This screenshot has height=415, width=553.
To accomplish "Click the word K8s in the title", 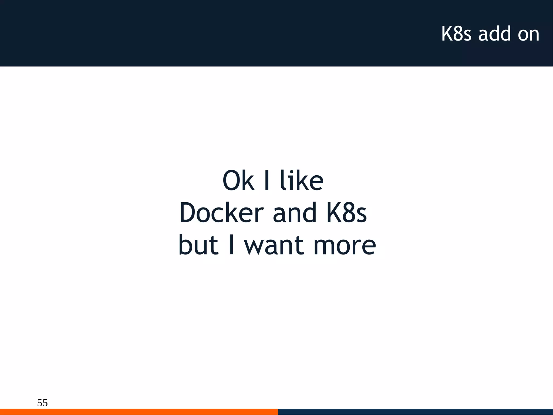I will [456, 34].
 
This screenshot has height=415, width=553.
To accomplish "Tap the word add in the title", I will [495, 34].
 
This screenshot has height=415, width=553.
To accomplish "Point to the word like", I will [301, 180].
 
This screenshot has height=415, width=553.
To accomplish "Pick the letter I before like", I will [267, 180].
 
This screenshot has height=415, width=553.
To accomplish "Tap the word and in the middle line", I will [295, 213].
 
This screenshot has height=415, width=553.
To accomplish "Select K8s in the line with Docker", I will [346, 213].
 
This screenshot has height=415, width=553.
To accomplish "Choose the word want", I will [274, 245].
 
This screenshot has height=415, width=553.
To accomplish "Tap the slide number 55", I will [42, 403].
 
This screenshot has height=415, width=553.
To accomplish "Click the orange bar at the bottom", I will [139, 412].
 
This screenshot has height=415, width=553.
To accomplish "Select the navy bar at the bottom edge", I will [415, 412].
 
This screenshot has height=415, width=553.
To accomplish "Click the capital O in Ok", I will [231, 180].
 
